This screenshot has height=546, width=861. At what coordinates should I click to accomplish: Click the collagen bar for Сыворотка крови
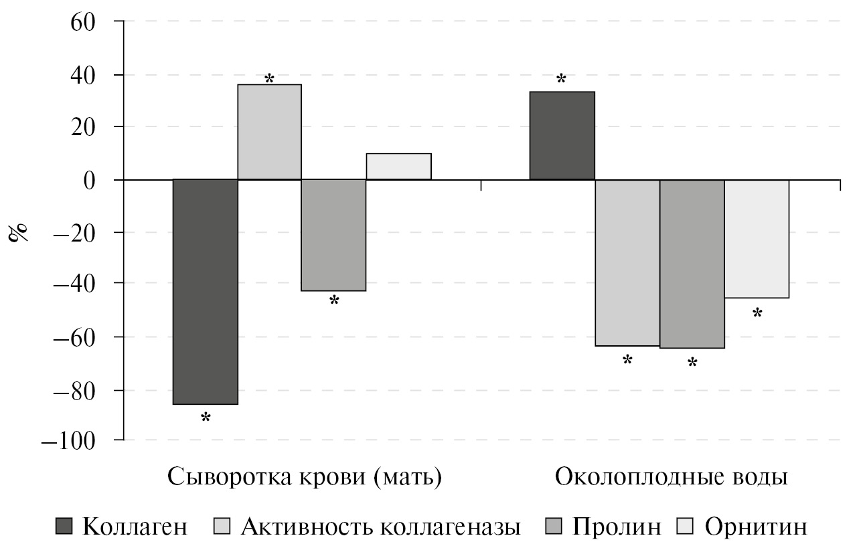[206, 292]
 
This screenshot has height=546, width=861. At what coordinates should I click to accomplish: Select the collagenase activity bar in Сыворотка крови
[270, 132]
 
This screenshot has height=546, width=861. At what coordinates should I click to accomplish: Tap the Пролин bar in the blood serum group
[334, 235]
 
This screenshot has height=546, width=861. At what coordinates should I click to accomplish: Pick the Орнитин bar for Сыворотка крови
[399, 167]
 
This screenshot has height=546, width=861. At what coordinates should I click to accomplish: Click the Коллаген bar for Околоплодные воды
[562, 136]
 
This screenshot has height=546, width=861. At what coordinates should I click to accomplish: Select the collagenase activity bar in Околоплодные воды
[627, 262]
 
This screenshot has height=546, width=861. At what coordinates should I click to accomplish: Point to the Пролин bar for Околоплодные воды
[692, 264]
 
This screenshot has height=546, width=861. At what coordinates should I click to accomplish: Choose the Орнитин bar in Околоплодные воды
[757, 239]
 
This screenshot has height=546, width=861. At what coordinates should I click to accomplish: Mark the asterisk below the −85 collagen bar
[206, 418]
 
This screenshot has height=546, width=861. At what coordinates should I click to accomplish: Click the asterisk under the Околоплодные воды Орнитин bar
[757, 312]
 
